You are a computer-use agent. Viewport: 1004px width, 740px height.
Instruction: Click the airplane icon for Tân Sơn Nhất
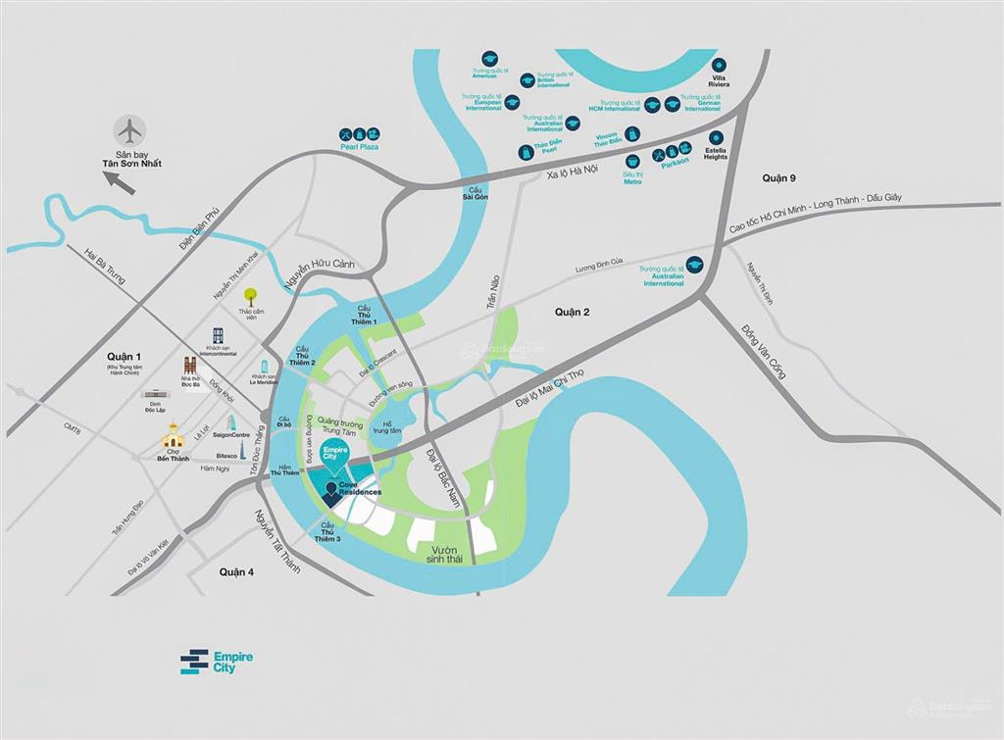tap(128, 129)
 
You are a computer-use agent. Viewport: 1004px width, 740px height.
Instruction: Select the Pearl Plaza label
tap(359, 147)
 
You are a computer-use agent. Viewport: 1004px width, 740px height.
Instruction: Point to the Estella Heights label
tap(716, 154)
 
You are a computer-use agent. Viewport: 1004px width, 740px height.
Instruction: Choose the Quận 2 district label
tap(572, 312)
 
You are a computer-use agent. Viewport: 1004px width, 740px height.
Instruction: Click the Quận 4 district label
tap(236, 571)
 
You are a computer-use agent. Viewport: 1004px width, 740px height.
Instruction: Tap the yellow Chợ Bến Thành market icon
tap(174, 435)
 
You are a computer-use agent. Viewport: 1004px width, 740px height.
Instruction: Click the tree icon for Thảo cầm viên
tap(250, 293)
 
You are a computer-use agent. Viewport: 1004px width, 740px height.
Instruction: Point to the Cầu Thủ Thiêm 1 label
tap(365, 315)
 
